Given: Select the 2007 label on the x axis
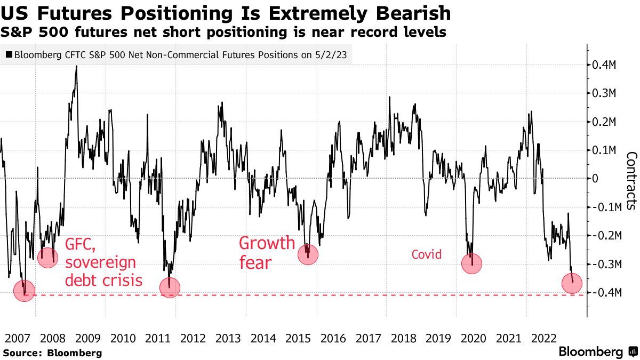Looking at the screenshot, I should pyautogui.click(x=18, y=338).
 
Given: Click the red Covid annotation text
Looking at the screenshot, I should pyautogui.click(x=426, y=254).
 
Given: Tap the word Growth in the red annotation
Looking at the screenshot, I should pyautogui.click(x=267, y=243).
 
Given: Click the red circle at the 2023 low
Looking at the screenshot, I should pyautogui.click(x=572, y=283).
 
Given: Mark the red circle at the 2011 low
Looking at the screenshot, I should pyautogui.click(x=170, y=287).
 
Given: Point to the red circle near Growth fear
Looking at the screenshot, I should pyautogui.click(x=308, y=254).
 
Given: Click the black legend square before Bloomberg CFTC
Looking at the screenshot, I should pyautogui.click(x=9, y=54).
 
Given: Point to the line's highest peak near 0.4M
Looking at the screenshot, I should pyautogui.click(x=76, y=66).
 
